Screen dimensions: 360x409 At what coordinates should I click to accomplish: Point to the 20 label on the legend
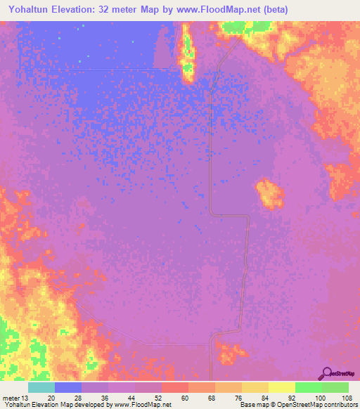pyautogui.click(x=51, y=397)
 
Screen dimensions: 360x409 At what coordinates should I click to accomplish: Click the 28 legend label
pyautogui.click(x=77, y=397)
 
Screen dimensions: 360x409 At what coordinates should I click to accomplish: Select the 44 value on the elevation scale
pyautogui.click(x=131, y=397)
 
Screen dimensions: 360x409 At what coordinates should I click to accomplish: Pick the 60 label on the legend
pyautogui.click(x=184, y=397)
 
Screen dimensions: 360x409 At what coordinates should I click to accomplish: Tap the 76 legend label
pyautogui.click(x=238, y=397)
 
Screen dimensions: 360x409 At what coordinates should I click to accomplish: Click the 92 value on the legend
pyautogui.click(x=291, y=397)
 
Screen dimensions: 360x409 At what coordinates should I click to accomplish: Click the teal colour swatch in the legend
pyautogui.click(x=41, y=387)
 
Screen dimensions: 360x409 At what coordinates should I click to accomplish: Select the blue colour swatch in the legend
pyautogui.click(x=67, y=387)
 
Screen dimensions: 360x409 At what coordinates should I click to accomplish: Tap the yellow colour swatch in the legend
pyautogui.click(x=281, y=387)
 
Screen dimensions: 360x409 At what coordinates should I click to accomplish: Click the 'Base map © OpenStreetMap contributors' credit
pyautogui.click(x=298, y=405)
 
